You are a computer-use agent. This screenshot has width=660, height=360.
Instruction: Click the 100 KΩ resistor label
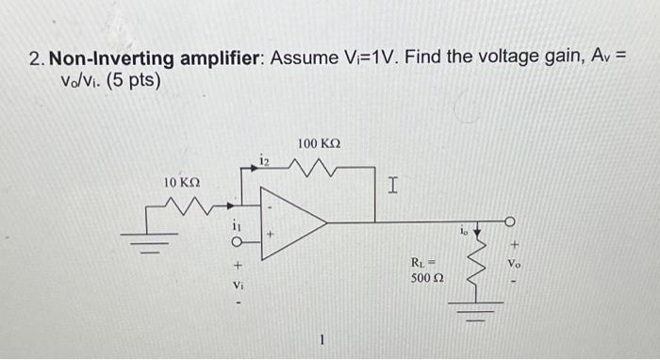[319, 143]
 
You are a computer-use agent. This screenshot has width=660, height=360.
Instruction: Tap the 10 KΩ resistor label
[182, 181]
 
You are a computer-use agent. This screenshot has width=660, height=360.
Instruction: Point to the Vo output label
[514, 265]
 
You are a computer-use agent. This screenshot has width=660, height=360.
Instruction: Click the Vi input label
[238, 283]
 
